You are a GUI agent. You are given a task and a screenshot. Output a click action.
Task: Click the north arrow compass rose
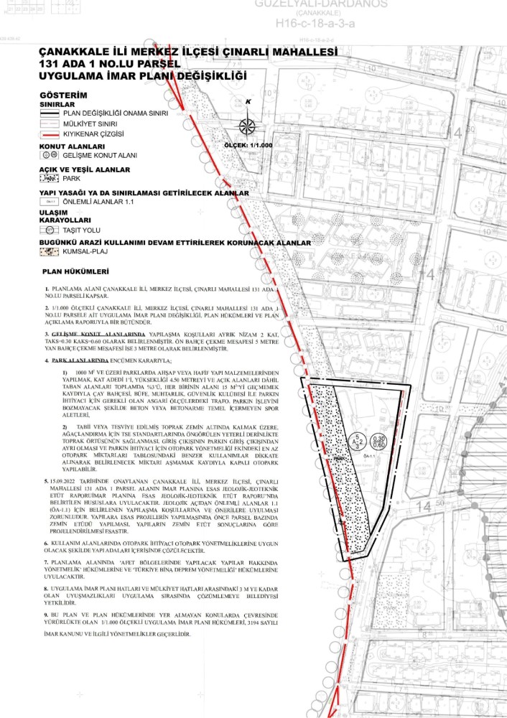point(247,126)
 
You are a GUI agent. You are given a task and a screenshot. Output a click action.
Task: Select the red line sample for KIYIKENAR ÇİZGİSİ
point(50,134)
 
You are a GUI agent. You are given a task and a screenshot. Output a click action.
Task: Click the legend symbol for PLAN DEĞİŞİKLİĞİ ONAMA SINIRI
point(50,113)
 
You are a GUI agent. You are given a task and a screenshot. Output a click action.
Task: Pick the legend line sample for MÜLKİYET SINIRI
point(50,123)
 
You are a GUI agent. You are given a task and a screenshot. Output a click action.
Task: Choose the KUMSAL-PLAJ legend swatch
point(50,252)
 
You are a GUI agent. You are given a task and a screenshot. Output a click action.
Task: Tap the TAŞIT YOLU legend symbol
point(50,230)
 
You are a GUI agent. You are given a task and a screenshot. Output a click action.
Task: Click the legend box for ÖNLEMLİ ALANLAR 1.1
point(50,202)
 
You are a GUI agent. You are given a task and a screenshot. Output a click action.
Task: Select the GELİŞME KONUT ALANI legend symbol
point(50,155)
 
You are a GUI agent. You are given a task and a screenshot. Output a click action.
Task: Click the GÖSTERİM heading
point(62,95)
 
